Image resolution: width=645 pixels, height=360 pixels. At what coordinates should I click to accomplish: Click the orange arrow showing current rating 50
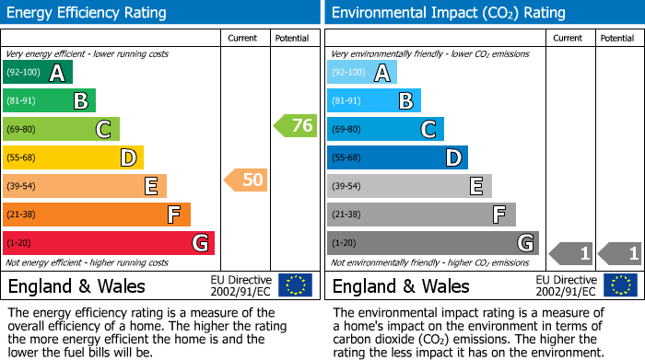[246, 180]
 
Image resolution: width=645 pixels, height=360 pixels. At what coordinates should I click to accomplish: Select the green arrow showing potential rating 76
[295, 126]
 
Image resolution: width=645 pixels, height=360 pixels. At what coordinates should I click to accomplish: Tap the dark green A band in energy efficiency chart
[37, 73]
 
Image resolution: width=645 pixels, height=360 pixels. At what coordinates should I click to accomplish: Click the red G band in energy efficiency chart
[108, 243]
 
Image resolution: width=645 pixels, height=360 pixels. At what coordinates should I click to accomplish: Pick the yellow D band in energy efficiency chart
[73, 157]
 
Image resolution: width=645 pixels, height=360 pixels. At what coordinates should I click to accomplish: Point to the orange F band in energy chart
[96, 215]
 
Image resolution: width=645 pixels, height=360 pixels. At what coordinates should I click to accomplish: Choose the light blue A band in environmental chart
[361, 73]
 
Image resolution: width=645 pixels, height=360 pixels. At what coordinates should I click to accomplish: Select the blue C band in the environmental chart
[384, 129]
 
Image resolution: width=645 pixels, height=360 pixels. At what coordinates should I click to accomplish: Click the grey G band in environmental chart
[432, 243]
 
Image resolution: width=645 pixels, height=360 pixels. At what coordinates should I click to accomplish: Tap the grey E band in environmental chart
[408, 186]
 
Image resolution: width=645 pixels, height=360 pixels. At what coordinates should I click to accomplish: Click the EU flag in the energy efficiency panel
[295, 285]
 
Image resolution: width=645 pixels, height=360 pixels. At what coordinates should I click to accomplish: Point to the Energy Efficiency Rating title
[88, 13]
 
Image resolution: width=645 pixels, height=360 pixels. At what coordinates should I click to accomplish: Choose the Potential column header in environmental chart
[617, 39]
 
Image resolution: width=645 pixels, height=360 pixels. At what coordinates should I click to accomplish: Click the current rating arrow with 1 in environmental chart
[569, 252]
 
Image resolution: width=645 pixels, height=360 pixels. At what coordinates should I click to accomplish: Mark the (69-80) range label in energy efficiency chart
[22, 130]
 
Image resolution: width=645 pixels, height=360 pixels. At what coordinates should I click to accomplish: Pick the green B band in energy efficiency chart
[49, 101]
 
